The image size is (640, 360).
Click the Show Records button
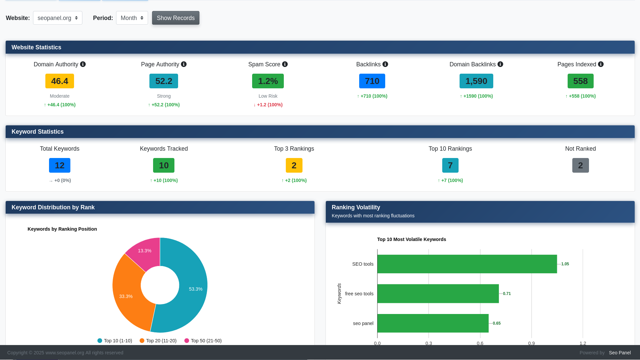[x=175, y=18]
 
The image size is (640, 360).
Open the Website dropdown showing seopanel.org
[x=57, y=18]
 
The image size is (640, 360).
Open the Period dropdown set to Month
[x=132, y=18]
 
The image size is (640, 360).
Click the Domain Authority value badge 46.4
[x=60, y=81]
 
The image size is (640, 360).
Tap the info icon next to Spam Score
[x=285, y=64]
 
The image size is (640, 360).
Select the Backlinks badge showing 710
[x=372, y=81]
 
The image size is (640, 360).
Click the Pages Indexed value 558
[x=580, y=81]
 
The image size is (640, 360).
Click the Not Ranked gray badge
[x=580, y=165]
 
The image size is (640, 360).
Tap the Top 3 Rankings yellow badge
[x=294, y=165]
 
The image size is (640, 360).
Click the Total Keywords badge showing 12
[x=60, y=165]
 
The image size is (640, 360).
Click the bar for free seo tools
[x=438, y=294]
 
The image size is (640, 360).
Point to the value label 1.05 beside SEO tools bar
[x=565, y=264]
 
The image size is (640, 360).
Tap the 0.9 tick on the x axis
[x=531, y=343]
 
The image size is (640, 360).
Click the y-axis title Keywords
[x=339, y=294]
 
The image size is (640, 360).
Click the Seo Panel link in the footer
[x=620, y=353]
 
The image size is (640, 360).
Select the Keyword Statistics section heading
[x=38, y=132]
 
